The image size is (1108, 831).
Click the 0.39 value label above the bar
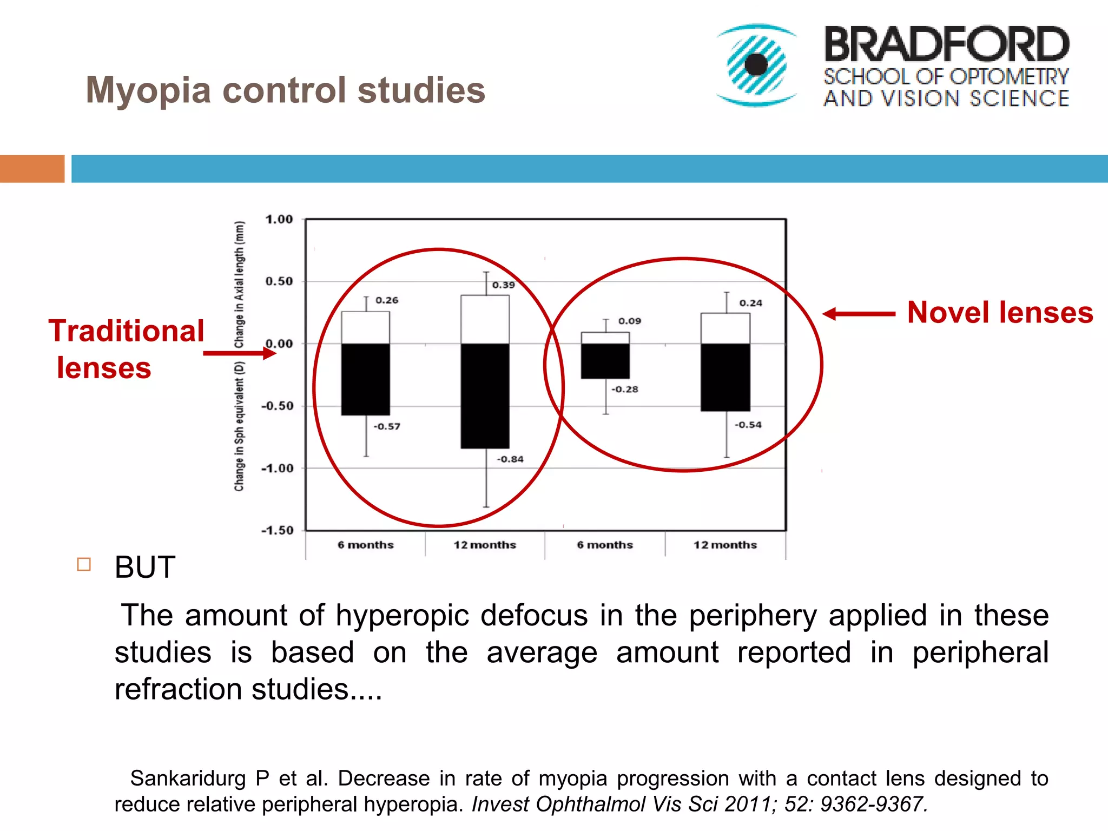click(x=503, y=285)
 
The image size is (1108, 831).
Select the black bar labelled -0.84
click(x=485, y=395)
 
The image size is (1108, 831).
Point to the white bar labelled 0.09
click(x=605, y=338)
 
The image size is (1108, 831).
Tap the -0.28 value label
click(x=624, y=389)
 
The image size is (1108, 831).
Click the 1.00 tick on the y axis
click(x=279, y=220)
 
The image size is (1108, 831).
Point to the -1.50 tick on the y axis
click(x=277, y=530)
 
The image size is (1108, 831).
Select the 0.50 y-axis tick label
click(x=279, y=281)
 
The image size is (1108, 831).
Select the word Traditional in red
click(x=127, y=331)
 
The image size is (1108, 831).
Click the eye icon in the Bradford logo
click(x=756, y=65)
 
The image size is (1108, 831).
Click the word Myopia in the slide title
click(x=148, y=90)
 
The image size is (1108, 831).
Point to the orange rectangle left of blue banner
click(x=32, y=169)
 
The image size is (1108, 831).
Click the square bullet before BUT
click(x=84, y=564)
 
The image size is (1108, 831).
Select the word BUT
click(x=145, y=568)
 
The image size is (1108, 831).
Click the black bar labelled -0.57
click(x=365, y=379)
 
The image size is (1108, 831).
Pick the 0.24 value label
click(x=750, y=303)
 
